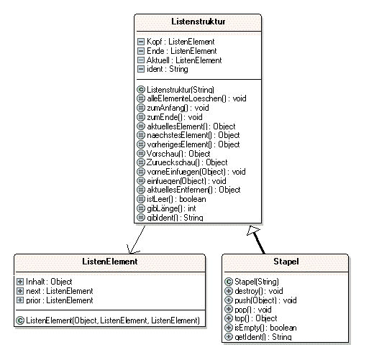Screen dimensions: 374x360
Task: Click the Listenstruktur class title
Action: click(x=199, y=22)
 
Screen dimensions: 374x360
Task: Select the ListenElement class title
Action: click(x=110, y=262)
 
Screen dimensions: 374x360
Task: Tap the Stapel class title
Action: click(x=286, y=262)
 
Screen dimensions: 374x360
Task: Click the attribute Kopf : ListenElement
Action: click(x=181, y=42)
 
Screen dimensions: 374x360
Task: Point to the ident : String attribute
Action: click(x=168, y=69)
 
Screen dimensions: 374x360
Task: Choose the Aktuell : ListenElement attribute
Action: click(x=184, y=60)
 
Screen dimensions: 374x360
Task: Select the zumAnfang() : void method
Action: click(x=178, y=108)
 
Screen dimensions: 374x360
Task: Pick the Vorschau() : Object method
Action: click(x=178, y=154)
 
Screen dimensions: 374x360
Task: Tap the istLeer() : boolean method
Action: click(x=176, y=199)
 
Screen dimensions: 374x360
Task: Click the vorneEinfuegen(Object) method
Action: click(x=196, y=172)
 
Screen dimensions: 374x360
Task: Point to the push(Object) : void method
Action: click(x=265, y=300)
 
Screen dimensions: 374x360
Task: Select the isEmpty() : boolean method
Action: click(x=265, y=328)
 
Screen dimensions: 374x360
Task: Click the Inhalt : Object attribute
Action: click(x=49, y=282)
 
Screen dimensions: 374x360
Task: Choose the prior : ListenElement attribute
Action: click(x=60, y=300)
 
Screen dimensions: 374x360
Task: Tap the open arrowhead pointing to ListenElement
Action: click(x=132, y=250)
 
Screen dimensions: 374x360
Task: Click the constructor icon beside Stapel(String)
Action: click(x=229, y=282)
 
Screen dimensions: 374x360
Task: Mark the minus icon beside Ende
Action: click(x=141, y=51)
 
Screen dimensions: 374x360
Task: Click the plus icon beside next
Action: click(x=20, y=291)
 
